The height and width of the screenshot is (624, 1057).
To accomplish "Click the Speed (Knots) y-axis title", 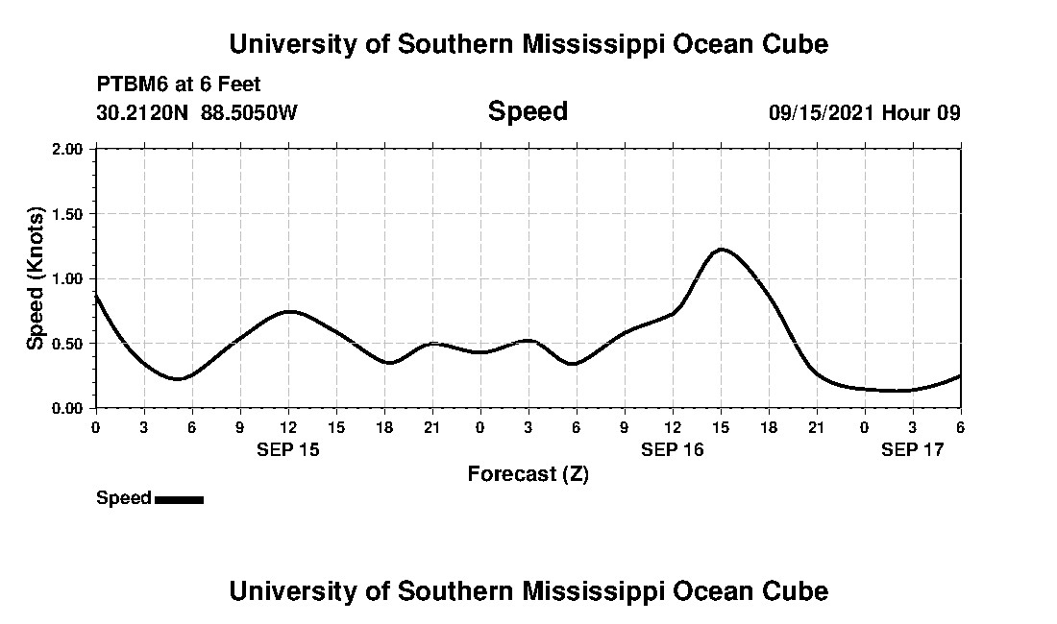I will click(x=36, y=277).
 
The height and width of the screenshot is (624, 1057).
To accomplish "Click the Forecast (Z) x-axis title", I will click(x=528, y=473).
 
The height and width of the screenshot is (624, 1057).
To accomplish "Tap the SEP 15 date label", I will click(x=287, y=449).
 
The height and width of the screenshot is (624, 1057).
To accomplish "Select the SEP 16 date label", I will click(x=673, y=449).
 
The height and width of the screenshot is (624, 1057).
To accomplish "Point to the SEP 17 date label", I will click(x=913, y=449).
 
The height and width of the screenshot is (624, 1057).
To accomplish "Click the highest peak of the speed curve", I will click(x=721, y=250).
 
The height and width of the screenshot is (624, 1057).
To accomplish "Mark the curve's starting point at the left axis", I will click(x=96, y=296).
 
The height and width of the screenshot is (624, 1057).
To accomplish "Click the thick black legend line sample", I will click(x=179, y=499).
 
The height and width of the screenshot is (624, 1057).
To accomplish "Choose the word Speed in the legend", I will click(x=124, y=498).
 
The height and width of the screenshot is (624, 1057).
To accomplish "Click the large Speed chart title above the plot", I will click(x=528, y=111).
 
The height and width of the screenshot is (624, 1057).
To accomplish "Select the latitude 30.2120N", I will click(x=144, y=112).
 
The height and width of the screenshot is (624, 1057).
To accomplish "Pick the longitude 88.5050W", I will click(x=250, y=112).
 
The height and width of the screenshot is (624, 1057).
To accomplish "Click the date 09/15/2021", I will click(x=822, y=112).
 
